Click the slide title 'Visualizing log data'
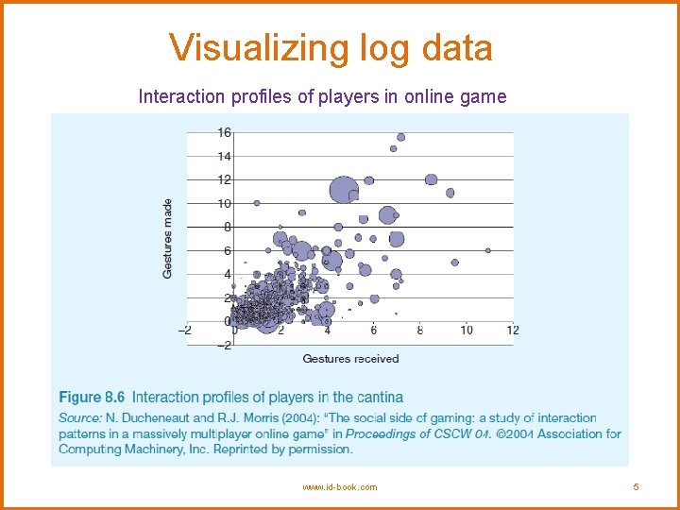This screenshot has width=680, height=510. click(x=331, y=47)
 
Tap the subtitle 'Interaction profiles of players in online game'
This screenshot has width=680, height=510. click(x=322, y=96)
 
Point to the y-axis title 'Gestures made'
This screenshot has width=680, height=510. click(x=168, y=237)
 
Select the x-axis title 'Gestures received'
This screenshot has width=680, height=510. click(x=350, y=359)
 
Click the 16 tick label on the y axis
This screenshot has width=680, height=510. click(x=224, y=132)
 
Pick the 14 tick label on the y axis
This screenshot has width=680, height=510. click(x=224, y=156)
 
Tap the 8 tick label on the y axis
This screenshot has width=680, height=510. click(x=227, y=227)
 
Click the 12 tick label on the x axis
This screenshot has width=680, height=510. click(x=512, y=330)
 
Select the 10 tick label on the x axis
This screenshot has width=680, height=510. click(x=467, y=330)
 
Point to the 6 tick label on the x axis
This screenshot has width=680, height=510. click(x=374, y=330)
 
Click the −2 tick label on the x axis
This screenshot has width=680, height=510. click(x=185, y=330)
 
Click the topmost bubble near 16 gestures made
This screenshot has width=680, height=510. click(x=400, y=137)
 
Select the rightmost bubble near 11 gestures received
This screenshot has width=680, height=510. click(x=488, y=250)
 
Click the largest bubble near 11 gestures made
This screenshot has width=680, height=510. click(x=343, y=190)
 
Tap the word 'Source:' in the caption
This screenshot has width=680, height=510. click(x=80, y=417)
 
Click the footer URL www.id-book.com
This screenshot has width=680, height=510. click(x=339, y=487)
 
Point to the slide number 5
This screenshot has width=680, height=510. click(x=637, y=487)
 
